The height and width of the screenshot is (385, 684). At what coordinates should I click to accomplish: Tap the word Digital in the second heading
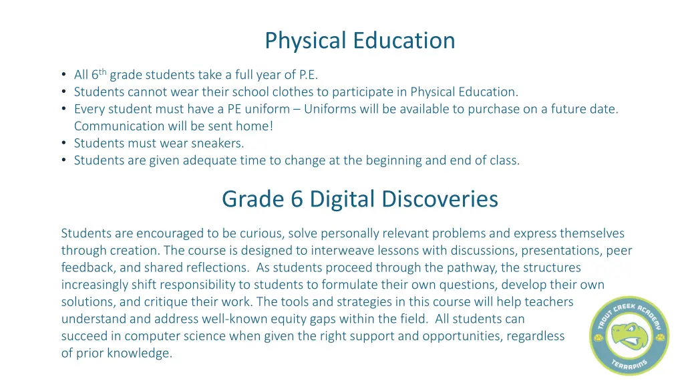coord(321,199)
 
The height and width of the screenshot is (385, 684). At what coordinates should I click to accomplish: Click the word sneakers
coord(218,142)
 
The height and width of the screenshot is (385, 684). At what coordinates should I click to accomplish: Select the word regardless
coord(534,336)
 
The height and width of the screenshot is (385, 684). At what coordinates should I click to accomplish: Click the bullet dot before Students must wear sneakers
coord(63,142)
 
